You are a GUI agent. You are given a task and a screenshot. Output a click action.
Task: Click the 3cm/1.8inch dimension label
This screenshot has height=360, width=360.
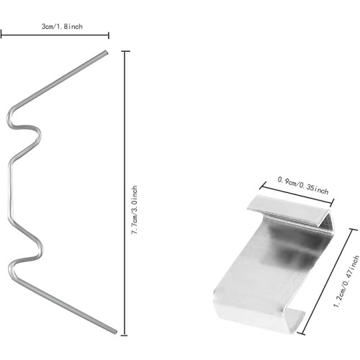(x=62, y=26)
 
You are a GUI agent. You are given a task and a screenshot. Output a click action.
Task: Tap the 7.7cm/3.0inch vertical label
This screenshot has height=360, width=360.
(x=135, y=210)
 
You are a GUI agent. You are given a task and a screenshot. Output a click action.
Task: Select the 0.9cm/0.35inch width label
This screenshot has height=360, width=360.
(x=303, y=186)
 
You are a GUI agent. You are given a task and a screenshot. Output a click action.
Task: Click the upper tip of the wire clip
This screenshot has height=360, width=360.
(x=106, y=52)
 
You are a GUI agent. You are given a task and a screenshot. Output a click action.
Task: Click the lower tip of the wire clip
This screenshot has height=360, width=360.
(x=114, y=332)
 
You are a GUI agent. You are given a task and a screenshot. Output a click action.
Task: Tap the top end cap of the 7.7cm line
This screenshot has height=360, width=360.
(x=125, y=51)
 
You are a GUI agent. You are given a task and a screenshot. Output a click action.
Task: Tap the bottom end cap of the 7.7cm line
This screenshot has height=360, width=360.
(x=124, y=335)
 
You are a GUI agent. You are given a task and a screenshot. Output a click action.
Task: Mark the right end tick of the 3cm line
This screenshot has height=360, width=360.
(x=109, y=35)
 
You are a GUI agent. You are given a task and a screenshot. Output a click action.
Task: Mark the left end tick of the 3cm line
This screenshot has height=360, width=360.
(x=1, y=34)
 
